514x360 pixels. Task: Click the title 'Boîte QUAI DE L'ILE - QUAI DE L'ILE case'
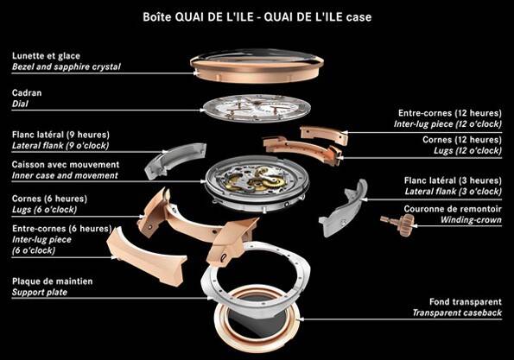coord(257,16)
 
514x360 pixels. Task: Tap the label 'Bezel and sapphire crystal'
coord(67,66)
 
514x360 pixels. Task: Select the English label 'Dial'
coord(20,104)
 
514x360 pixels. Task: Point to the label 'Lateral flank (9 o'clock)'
coord(60,145)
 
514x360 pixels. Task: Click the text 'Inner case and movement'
coord(65,175)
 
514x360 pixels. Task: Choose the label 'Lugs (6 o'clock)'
coord(44,210)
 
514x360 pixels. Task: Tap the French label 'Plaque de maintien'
coord(52,281)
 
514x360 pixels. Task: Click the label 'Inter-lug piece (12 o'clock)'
coord(447,124)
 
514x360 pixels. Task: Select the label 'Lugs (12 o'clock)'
coord(467,151)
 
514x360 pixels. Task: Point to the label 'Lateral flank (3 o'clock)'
coord(453,192)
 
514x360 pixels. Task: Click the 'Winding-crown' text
coord(471,220)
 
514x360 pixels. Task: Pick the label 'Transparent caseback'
coord(457,313)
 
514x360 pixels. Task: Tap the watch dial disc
coord(256,108)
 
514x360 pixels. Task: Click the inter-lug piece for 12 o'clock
coord(324,135)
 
